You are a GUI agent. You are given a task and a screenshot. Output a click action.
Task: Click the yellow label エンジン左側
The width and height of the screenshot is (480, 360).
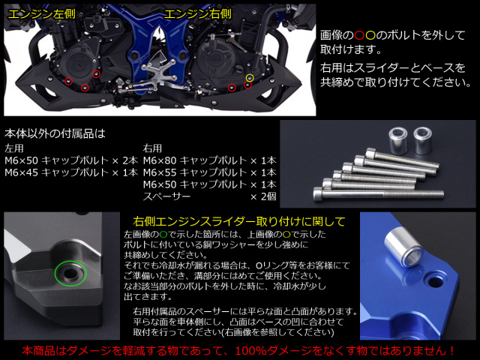pyautogui.click(x=41, y=14)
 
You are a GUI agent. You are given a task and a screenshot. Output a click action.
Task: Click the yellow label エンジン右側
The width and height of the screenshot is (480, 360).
pyautogui.click(x=198, y=14)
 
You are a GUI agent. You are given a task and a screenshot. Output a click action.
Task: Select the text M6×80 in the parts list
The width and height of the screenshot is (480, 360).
pyautogui.click(x=160, y=160)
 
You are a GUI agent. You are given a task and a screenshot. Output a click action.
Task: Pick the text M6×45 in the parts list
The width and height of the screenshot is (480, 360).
pyautogui.click(x=21, y=172)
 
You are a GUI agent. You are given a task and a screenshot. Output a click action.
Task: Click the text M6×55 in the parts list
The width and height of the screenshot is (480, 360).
pyautogui.click(x=160, y=172)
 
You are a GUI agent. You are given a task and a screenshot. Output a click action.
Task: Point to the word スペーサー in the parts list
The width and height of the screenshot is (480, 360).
pyautogui.click(x=166, y=196)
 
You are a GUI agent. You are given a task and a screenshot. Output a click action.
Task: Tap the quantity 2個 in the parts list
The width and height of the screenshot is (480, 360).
pyautogui.click(x=268, y=196)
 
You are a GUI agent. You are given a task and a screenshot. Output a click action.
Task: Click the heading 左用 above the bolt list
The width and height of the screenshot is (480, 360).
pyautogui.click(x=13, y=148)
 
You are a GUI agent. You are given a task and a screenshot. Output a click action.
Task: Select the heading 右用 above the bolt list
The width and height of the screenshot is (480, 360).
pyautogui.click(x=152, y=148)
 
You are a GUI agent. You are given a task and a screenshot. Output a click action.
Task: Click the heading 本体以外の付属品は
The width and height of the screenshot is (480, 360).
pyautogui.click(x=55, y=133)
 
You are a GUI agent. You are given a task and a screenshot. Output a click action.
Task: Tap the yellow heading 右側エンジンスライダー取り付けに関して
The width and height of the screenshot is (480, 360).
pyautogui.click(x=239, y=221)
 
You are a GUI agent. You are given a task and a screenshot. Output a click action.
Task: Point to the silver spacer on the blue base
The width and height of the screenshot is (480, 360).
pyautogui.click(x=403, y=247)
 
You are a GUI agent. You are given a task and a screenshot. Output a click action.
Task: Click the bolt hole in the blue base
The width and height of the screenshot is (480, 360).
pyautogui.click(x=435, y=280)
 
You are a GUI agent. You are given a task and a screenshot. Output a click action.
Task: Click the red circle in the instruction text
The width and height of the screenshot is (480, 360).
pyautogui.click(x=359, y=35)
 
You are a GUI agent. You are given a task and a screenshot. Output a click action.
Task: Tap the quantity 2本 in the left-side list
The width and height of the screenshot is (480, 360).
pyautogui.click(x=130, y=160)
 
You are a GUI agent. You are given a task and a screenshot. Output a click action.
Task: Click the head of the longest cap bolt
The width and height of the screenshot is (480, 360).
pyautogui.click(x=318, y=193)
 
